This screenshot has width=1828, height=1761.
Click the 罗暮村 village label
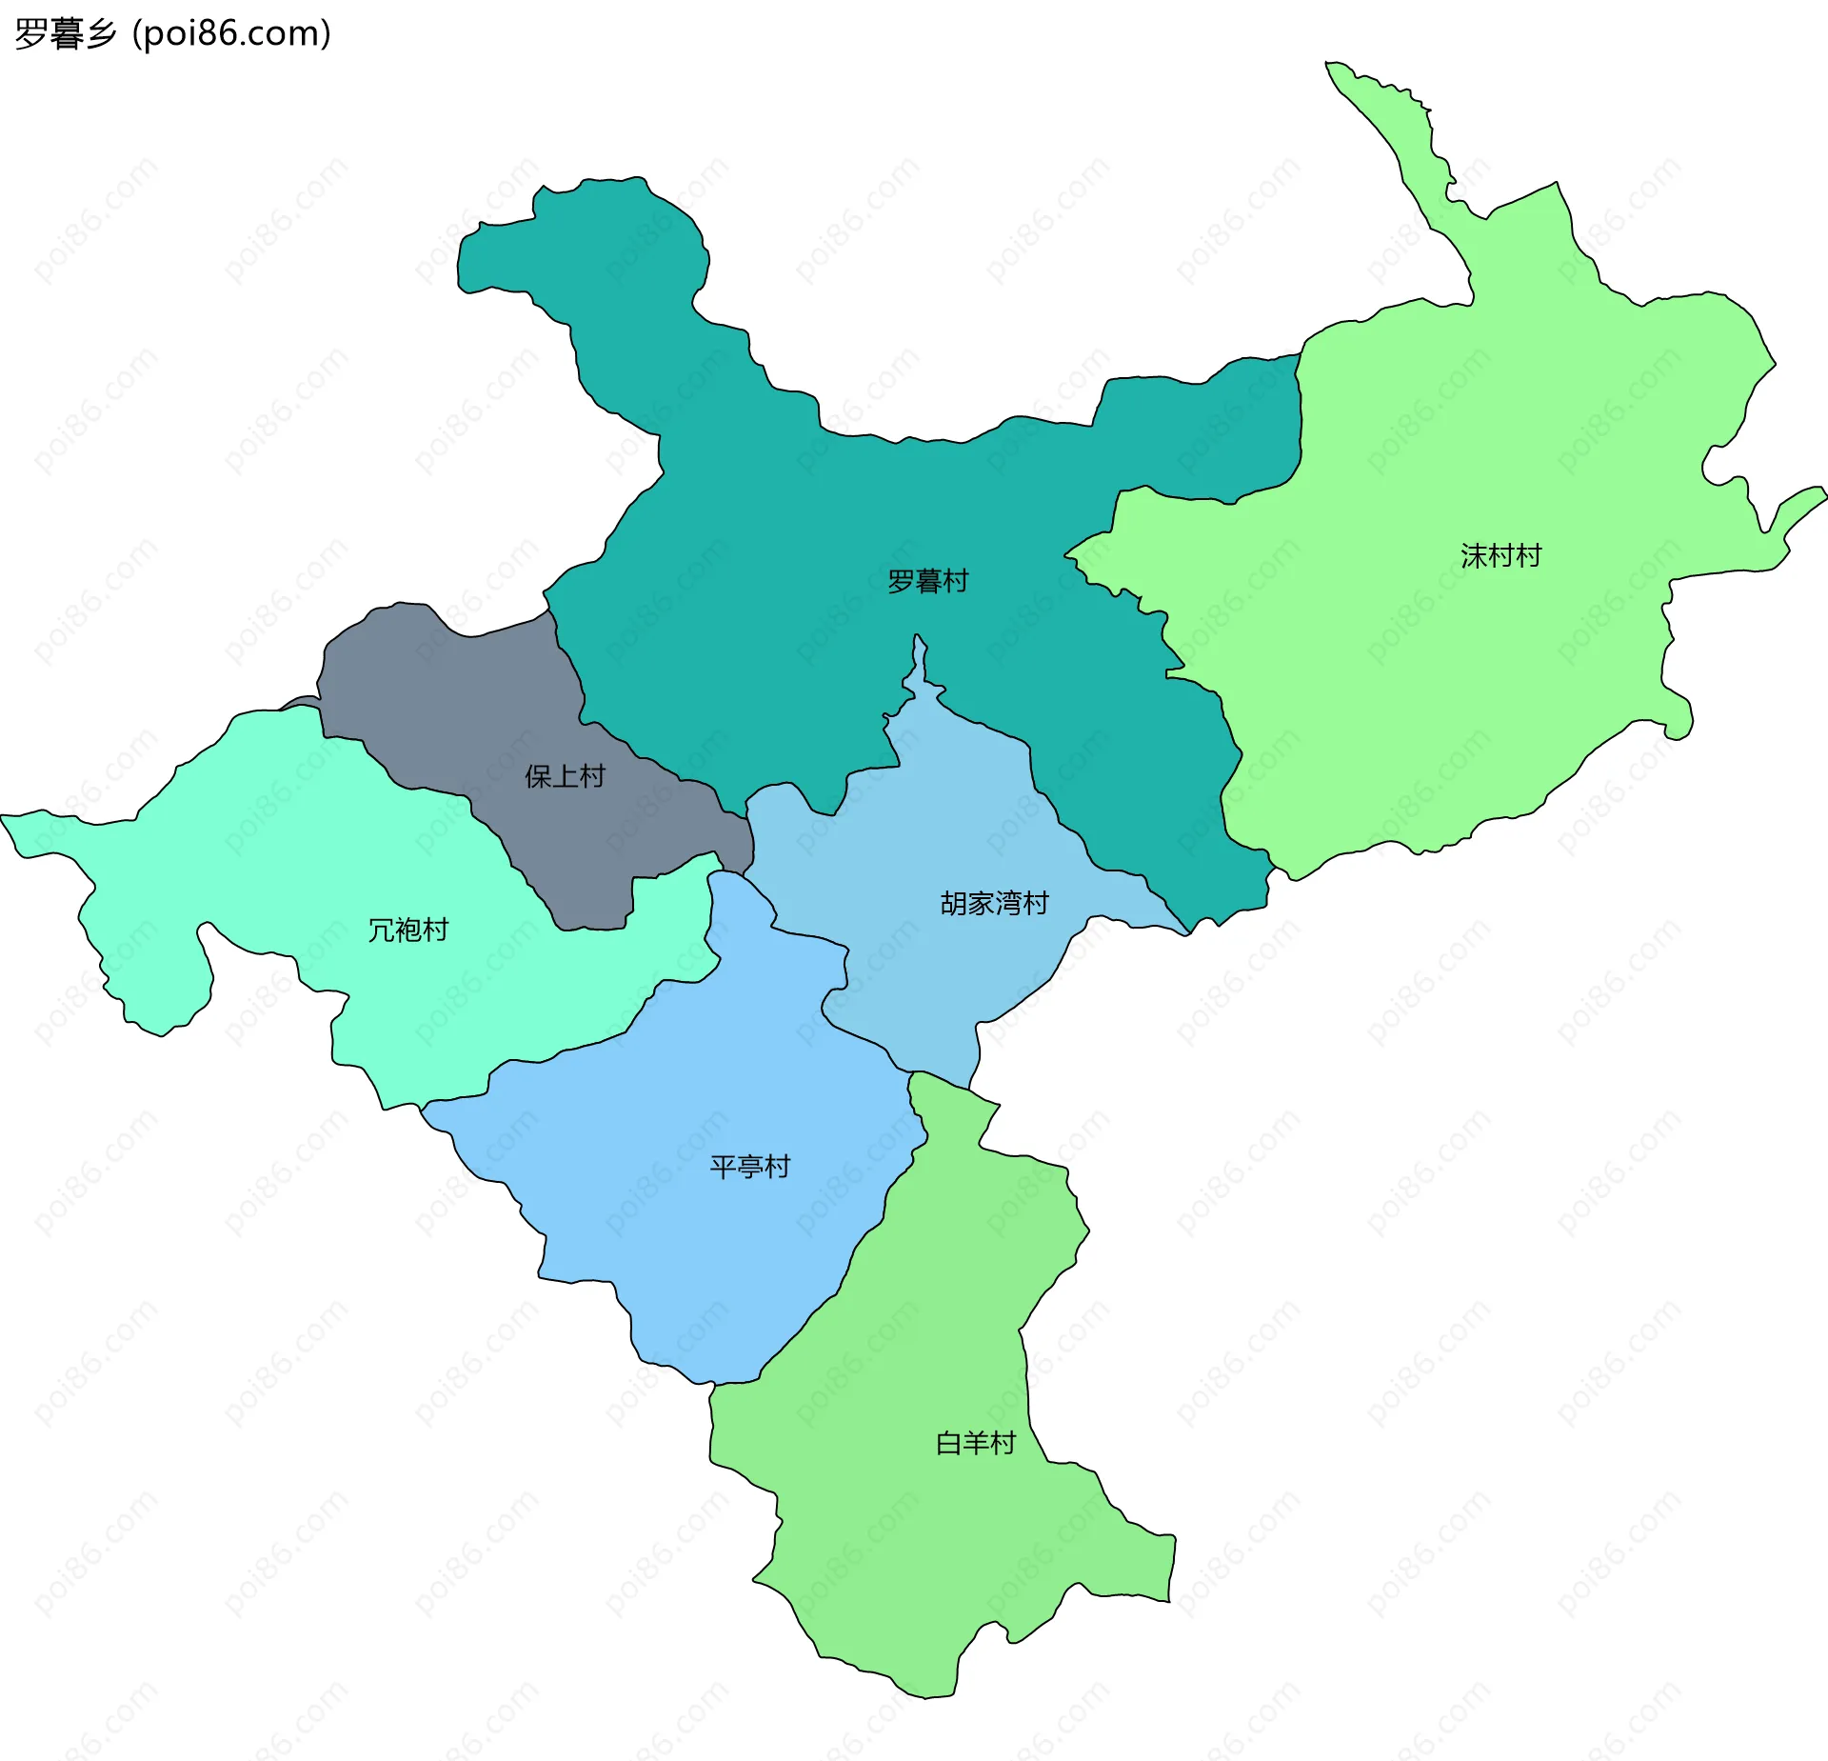[927, 581]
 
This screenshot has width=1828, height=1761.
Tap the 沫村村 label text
[1500, 556]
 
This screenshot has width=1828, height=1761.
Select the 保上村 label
[565, 776]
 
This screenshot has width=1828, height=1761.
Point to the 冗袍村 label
[407, 930]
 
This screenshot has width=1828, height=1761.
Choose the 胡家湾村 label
[994, 903]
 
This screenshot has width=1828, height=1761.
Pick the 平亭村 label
[749, 1167]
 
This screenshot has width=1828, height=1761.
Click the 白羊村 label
[975, 1443]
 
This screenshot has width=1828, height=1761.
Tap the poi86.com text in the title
[231, 34]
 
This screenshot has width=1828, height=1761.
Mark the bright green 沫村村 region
[1476, 667]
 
